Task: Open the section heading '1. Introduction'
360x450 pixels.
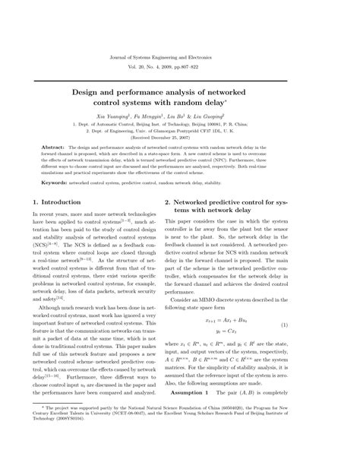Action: (68, 202)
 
